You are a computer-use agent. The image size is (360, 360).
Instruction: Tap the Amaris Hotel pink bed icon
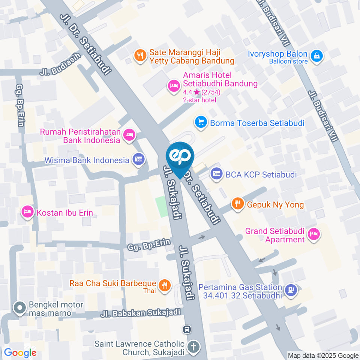tap(173, 86)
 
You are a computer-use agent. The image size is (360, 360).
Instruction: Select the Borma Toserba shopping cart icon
tap(201, 122)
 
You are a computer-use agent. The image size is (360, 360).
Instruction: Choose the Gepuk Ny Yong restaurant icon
tap(237, 204)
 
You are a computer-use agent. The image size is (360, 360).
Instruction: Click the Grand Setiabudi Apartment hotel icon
tap(313, 235)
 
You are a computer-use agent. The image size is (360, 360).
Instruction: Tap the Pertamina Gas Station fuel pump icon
tap(290, 290)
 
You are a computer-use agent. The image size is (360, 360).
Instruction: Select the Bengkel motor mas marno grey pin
tap(19, 308)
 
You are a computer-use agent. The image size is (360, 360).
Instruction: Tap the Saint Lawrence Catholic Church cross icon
tap(193, 347)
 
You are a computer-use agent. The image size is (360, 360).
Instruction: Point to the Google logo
tap(20, 352)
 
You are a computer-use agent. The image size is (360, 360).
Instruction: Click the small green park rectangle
tap(162, 206)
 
